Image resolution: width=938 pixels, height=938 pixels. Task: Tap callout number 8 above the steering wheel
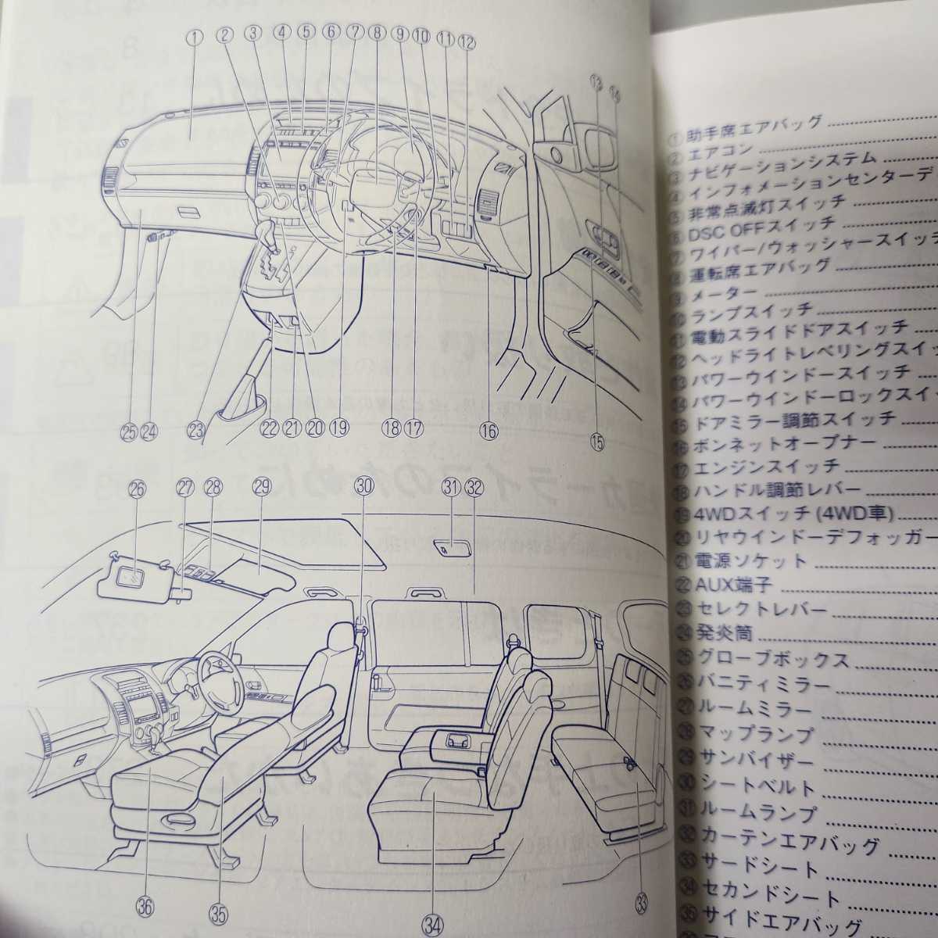(x=377, y=34)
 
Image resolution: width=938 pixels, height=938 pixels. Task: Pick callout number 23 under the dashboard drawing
(x=195, y=428)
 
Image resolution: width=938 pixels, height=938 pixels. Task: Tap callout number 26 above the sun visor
(x=137, y=489)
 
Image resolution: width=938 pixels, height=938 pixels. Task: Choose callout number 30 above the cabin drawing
(x=363, y=485)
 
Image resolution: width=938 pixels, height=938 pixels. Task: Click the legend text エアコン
(x=721, y=149)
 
